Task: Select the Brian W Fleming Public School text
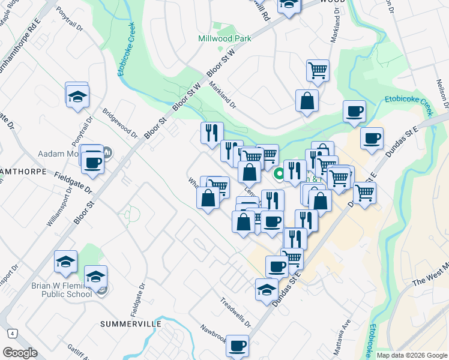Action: coord(61,290)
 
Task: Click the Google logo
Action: coord(20,353)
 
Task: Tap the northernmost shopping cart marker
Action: coord(318,70)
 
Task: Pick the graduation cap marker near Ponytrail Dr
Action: coord(77,97)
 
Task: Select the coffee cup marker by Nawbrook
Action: coord(238,346)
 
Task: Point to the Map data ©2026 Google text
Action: coord(412,355)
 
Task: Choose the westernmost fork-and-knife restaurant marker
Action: coord(211,133)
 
